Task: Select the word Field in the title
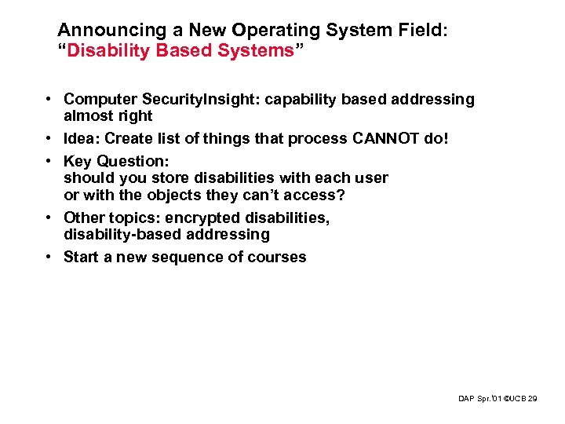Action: click(x=418, y=31)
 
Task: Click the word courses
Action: click(x=278, y=258)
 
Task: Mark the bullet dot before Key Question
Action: click(x=49, y=162)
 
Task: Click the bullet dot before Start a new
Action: click(x=49, y=258)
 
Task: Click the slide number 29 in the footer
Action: click(x=533, y=400)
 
